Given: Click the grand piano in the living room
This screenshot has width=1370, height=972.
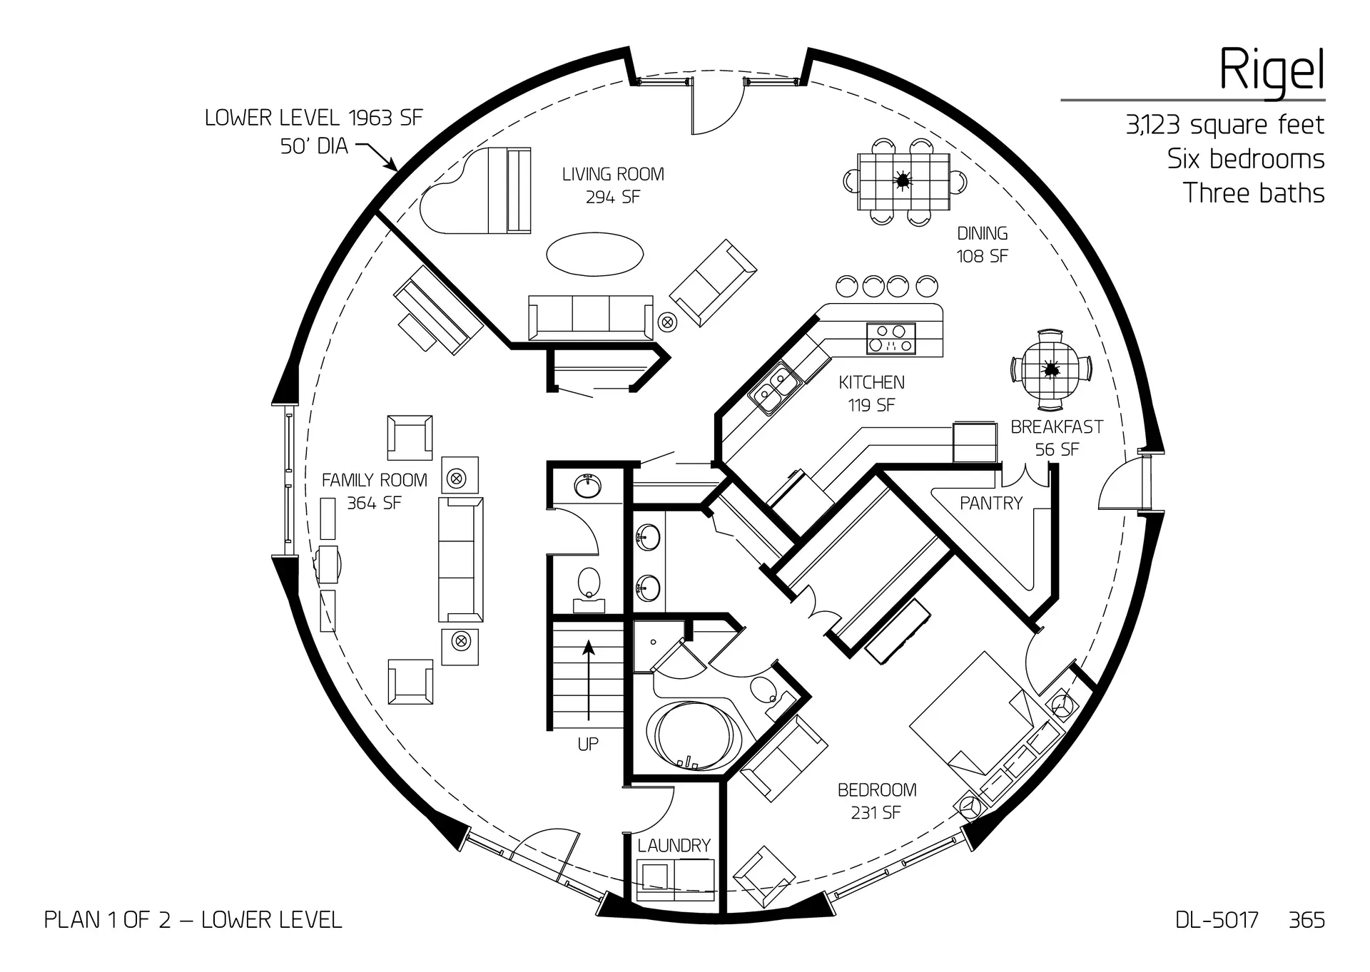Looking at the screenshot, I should (477, 191).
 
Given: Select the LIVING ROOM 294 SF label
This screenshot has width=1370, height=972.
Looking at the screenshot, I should (613, 185).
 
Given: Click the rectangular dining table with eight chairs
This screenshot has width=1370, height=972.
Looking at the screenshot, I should (903, 181).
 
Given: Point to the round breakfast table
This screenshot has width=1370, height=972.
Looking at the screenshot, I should (1050, 370).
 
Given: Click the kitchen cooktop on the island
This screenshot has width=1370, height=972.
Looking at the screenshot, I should (890, 339).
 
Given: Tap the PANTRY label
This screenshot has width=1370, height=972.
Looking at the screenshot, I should (991, 503).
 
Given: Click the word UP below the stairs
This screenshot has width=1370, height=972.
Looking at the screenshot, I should (588, 745).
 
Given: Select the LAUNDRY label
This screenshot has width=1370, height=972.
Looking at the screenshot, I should (674, 846).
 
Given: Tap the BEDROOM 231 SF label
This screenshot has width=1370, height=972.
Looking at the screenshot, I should (876, 801).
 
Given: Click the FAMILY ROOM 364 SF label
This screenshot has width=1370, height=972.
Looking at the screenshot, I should (374, 491).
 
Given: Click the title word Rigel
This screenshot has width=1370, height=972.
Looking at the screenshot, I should (1271, 70).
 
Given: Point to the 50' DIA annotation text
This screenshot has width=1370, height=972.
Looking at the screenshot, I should (314, 146).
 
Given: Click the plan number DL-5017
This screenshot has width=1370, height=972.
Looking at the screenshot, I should (1217, 920).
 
